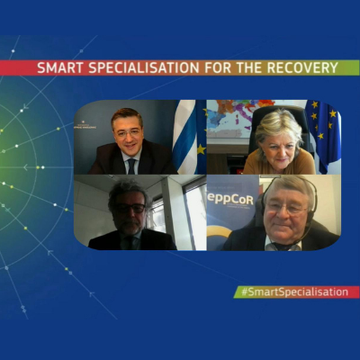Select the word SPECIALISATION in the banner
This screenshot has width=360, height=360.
[144, 68]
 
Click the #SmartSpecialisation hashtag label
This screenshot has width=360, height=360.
[295, 292]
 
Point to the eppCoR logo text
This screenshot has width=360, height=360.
[230, 199]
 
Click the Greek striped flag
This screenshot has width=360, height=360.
[184, 137]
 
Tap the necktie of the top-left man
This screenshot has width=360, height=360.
[131, 166]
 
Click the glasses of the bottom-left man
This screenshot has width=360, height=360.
[130, 208]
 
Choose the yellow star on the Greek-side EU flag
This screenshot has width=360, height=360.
[201, 149]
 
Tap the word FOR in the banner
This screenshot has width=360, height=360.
[218, 68]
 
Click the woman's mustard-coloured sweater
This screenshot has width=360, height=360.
[279, 163]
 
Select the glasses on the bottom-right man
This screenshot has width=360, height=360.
[283, 208]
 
